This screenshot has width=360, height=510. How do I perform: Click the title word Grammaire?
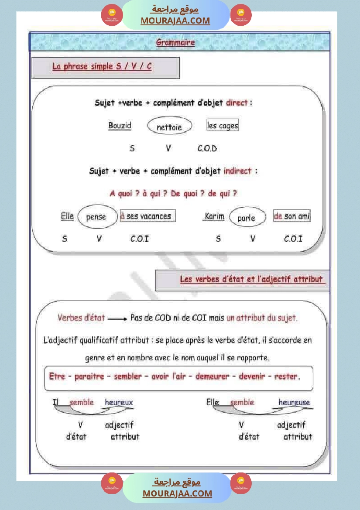pos(175,43)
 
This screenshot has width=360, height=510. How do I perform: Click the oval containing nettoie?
pos(169,127)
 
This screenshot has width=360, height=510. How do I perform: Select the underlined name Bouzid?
pos(120,126)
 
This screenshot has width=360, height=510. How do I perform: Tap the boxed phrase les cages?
pos(223,126)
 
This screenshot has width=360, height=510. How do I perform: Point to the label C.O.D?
pos(207,148)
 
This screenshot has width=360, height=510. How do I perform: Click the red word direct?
pos(237,103)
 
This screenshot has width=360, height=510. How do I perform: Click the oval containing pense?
pos(97,217)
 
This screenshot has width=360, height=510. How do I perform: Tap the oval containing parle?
pos(246,218)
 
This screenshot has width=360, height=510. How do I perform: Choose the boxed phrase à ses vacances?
pos(147,216)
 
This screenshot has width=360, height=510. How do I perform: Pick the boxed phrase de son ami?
pos(291,216)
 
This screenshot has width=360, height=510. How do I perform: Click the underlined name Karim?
pos(214,216)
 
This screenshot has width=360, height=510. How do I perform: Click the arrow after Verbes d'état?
pos(117,318)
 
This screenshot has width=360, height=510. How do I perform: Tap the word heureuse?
pos(294,402)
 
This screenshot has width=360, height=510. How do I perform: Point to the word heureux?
pos(119,402)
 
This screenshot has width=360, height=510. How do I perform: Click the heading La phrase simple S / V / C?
pos(102,67)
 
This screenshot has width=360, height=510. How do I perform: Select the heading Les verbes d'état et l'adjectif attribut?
pos(252,279)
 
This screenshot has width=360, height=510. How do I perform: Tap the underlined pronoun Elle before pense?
pos(67,216)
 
